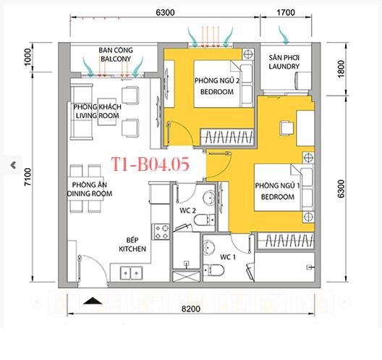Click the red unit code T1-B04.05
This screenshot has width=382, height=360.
coord(152,164)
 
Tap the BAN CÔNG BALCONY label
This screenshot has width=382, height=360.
coord(115,55)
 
